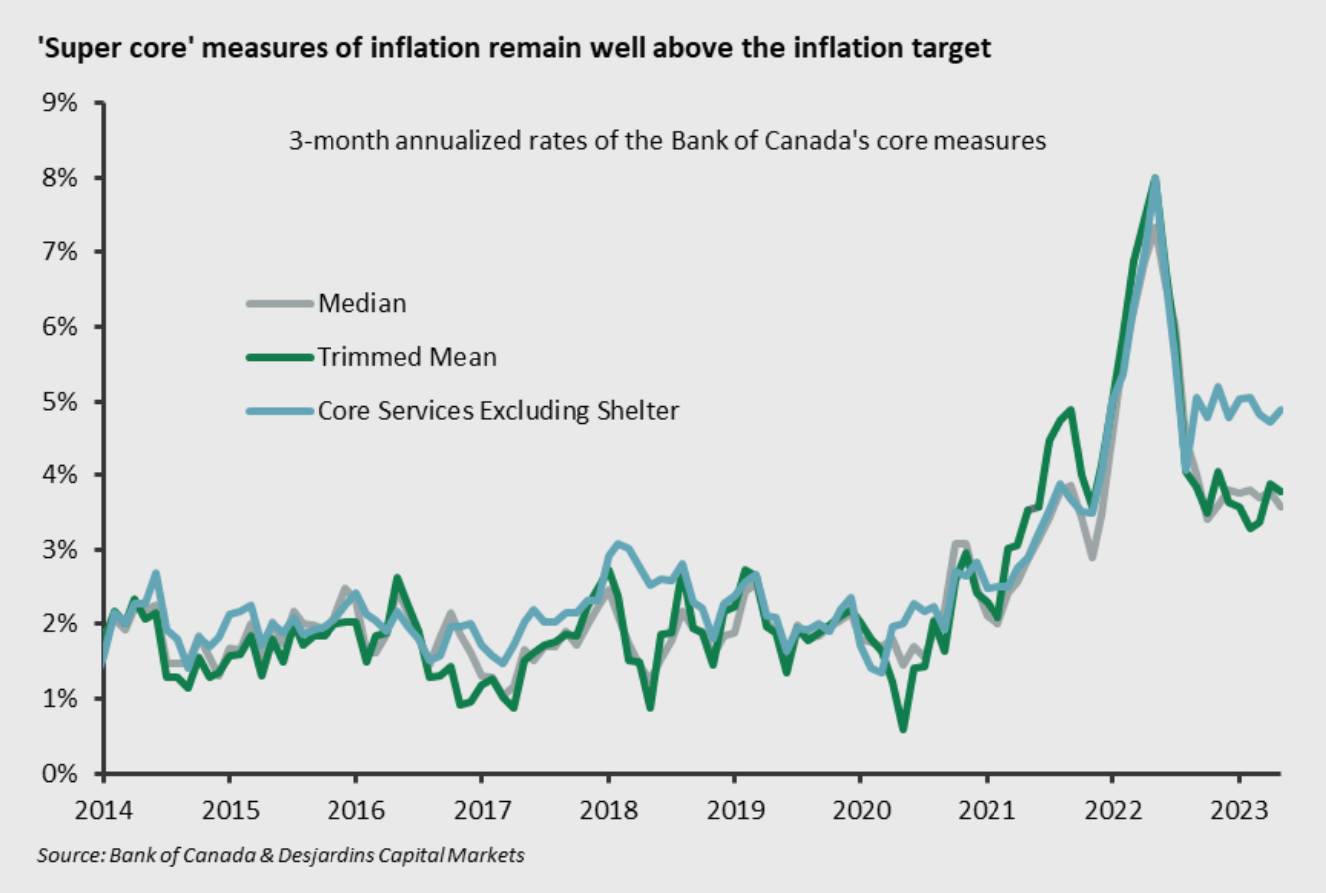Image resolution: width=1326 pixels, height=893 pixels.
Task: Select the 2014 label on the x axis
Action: (x=104, y=807)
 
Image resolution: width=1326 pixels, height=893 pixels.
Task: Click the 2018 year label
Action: (x=607, y=807)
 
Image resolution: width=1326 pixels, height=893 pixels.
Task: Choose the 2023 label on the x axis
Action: (x=1239, y=807)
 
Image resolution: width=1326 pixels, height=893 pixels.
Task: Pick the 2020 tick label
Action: (x=860, y=807)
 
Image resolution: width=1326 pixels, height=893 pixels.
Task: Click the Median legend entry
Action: (x=362, y=303)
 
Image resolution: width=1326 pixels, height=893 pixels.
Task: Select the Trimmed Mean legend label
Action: (x=406, y=357)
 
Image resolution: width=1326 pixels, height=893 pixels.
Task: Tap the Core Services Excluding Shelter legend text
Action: (x=498, y=411)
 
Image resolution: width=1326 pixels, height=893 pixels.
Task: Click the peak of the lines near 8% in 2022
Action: (x=1154, y=179)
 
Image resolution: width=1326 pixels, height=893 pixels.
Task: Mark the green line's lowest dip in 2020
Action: (x=903, y=729)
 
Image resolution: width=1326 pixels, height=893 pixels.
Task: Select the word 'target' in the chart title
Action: (x=950, y=48)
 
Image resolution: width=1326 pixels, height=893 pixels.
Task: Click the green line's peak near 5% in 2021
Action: (x=1070, y=409)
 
